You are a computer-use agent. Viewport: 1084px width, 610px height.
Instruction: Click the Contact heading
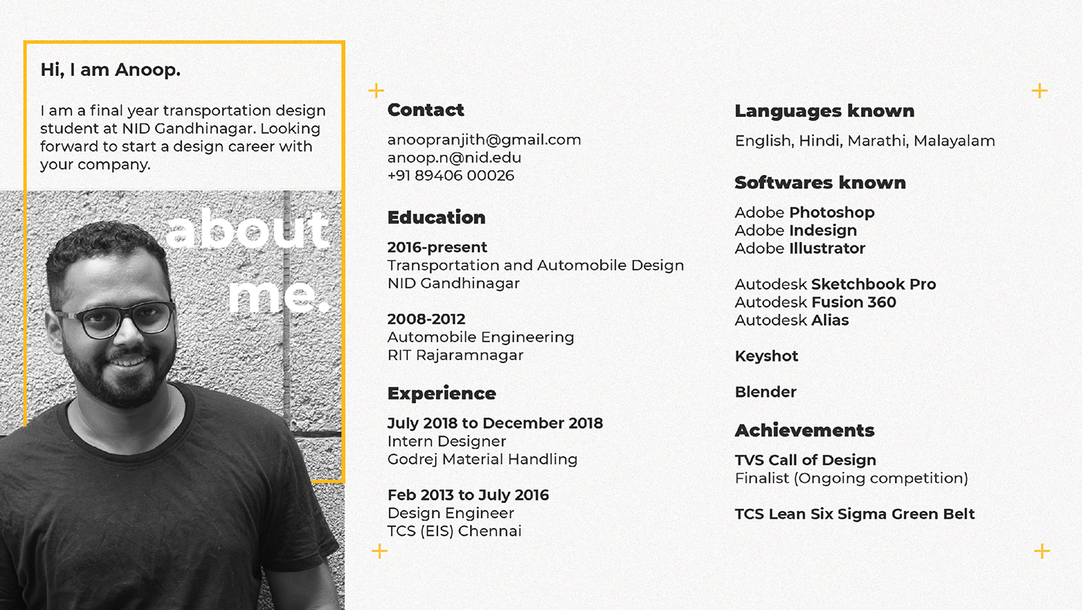[x=425, y=110]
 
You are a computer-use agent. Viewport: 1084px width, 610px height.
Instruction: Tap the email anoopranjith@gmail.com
[x=484, y=140]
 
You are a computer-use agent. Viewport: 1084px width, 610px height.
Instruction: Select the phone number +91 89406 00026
[x=451, y=175]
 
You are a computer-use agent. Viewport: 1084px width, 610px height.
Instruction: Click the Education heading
[x=436, y=218]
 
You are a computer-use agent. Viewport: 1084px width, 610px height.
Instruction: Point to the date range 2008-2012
[x=426, y=319]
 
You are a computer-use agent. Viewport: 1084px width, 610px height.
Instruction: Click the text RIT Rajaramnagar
[x=455, y=355]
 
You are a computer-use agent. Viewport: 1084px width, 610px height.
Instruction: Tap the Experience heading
[x=441, y=393]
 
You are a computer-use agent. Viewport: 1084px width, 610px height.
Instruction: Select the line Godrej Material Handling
[x=482, y=459]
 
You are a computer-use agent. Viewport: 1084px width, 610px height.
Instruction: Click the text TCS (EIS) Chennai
[x=454, y=531]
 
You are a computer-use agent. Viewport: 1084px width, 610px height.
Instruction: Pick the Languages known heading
[x=824, y=111]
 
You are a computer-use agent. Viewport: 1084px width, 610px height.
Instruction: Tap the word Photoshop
[x=832, y=212]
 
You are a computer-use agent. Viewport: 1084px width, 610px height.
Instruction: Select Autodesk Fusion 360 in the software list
[x=815, y=303]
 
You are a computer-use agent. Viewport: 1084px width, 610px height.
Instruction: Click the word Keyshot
[x=766, y=356]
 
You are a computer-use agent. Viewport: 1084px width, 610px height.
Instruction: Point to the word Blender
[x=765, y=392]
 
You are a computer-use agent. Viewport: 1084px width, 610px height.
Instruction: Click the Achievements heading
[x=804, y=430]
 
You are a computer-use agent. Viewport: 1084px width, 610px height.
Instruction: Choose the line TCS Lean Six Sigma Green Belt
[x=854, y=514]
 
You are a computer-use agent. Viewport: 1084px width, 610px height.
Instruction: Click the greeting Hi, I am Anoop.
[x=110, y=70]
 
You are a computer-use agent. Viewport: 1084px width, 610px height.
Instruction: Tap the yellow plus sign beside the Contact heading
[x=376, y=91]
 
